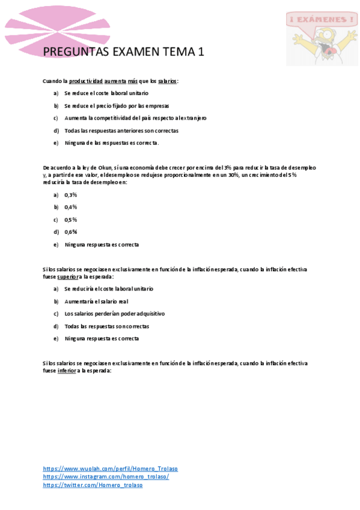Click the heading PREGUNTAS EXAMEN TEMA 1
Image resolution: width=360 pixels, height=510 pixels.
point(124,52)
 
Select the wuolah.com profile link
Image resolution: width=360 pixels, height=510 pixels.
point(110,469)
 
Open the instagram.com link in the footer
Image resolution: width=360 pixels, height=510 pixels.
point(106,477)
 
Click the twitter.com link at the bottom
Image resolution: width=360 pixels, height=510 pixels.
point(93,485)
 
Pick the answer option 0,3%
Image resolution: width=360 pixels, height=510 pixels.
point(71,195)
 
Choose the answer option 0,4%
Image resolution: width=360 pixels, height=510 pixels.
point(71,207)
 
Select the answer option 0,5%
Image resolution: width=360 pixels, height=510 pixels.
point(71,220)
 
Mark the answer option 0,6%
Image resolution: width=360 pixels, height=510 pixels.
point(71,232)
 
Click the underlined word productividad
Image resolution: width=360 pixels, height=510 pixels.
point(85,81)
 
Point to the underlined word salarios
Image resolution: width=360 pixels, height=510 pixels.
point(167,81)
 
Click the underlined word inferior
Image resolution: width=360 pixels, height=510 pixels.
point(67,371)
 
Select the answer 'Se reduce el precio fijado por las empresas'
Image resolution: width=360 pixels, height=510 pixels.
point(117,105)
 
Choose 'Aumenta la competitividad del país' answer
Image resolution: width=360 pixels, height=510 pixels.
point(135,118)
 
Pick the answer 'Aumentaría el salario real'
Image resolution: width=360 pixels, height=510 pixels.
point(96,301)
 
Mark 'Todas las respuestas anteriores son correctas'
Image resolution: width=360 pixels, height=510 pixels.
point(121,130)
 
